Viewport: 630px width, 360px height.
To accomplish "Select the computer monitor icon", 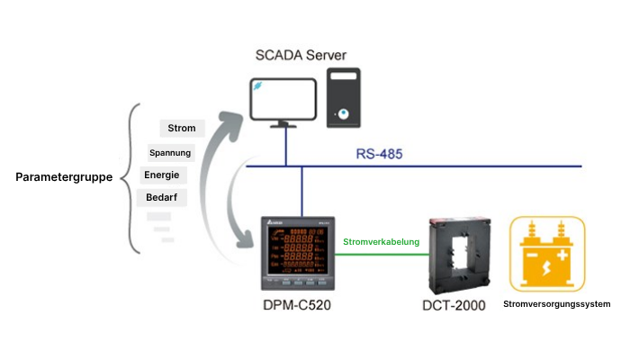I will tap(283, 102).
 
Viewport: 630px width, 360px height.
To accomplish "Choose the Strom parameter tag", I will tap(182, 128).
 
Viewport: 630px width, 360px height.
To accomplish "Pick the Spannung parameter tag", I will tap(170, 152).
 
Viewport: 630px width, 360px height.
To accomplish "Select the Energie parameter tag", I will tap(162, 175).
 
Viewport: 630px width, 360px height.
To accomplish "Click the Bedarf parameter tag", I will tap(161, 197).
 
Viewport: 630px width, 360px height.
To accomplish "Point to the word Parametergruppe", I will tap(64, 177).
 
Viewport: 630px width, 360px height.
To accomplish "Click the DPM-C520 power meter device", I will tap(298, 255).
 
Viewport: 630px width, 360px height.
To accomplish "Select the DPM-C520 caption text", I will tap(297, 305).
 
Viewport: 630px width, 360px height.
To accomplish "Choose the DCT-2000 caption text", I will tap(454, 306).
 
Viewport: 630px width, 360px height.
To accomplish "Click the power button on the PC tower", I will tap(344, 114).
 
